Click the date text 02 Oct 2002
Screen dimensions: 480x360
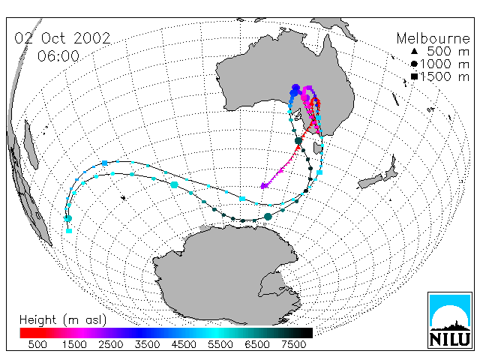[x=62, y=38]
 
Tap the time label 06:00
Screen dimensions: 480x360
[x=58, y=56]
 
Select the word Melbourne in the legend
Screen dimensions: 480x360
[x=433, y=38]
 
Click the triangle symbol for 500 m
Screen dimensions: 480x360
[x=414, y=52]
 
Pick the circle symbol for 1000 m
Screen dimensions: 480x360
[x=414, y=64]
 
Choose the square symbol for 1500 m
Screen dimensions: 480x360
[x=414, y=76]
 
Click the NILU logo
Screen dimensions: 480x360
[x=450, y=320]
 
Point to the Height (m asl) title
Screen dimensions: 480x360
[x=63, y=320]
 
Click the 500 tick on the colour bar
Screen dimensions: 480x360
[x=37, y=344]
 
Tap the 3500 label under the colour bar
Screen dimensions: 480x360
[x=147, y=344]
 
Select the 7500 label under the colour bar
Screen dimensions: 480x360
[x=293, y=344]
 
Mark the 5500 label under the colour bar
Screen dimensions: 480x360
[x=220, y=344]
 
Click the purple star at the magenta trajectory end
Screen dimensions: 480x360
[x=264, y=185]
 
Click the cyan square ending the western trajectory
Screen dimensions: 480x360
[x=69, y=231]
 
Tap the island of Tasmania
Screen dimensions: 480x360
[x=317, y=148]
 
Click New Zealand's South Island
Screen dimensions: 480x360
[x=370, y=181]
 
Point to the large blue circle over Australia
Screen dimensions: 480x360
[x=295, y=88]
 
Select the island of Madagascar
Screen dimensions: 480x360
[x=31, y=145]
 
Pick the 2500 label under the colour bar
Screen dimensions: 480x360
[x=111, y=344]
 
